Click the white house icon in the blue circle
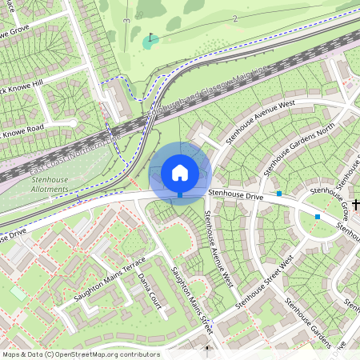[x=180, y=171]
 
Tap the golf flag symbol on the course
[x=150, y=38]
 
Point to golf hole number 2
[x=235, y=18]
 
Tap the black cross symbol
[x=355, y=206]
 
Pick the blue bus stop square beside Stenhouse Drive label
[x=278, y=193]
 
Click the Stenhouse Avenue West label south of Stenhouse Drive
[x=217, y=248]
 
